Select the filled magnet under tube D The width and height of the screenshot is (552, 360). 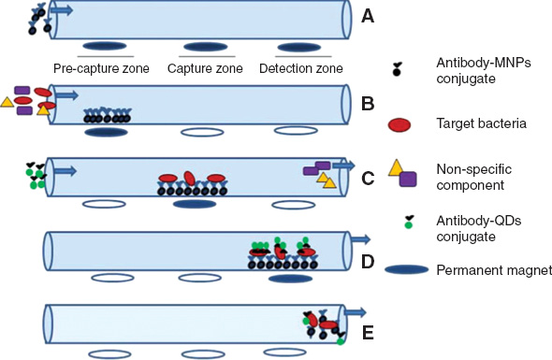290,278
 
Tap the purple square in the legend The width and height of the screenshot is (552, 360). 408,179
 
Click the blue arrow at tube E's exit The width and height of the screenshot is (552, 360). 354,311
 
